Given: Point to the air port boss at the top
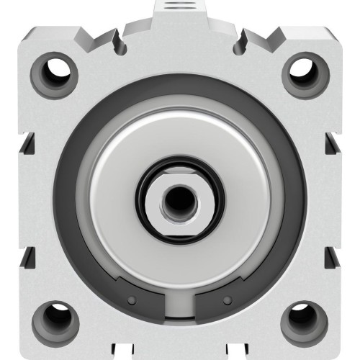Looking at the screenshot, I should point(180,9).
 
